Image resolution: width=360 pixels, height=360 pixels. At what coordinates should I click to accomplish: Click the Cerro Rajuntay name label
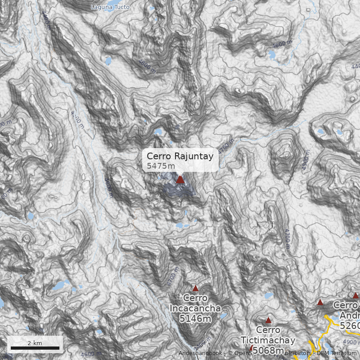180,156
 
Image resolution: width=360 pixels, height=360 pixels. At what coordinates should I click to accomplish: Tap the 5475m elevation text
161,166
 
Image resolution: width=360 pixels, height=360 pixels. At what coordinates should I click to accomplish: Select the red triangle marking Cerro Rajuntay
180,180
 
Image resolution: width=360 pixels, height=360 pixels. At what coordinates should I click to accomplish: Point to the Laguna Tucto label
110,7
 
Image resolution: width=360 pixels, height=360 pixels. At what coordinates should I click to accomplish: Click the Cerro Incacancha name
195,303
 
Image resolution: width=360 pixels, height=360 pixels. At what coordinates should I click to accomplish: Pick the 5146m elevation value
195,319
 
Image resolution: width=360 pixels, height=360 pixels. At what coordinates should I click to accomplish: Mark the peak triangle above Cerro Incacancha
195,288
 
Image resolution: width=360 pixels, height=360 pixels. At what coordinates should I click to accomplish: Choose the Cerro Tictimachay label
268,335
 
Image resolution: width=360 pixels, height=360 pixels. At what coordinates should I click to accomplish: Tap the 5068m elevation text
268,350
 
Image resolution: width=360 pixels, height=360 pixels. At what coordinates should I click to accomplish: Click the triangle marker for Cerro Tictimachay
268,320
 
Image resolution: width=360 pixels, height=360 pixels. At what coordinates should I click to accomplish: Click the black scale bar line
35,348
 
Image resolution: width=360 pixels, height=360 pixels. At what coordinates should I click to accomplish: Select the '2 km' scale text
35,343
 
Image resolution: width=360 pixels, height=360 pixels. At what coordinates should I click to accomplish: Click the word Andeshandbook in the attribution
200,353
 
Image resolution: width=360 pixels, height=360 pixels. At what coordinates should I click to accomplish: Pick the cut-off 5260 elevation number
350,325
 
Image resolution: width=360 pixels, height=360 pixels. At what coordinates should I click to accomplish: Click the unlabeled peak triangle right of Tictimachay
320,302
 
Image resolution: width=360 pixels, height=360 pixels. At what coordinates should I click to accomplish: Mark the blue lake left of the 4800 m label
108,61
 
